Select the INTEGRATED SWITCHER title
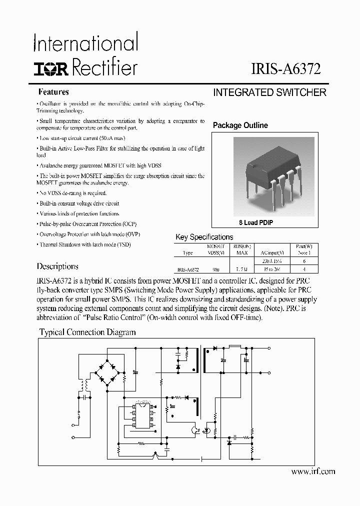pos(269,92)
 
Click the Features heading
pos(54,92)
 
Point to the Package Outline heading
pos(240,125)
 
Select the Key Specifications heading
pos(204,237)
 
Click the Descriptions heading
pos(57,266)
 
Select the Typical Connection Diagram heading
pos(87,332)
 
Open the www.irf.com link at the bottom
pos(312,471)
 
